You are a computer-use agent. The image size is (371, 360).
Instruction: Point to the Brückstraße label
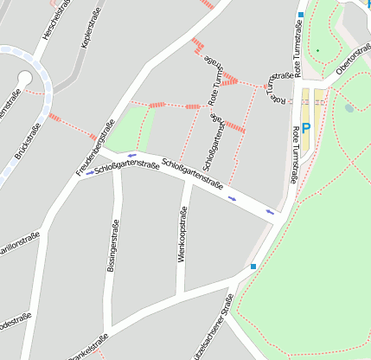pyautogui.click(x=28, y=143)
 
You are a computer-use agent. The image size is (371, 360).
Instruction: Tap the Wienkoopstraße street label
pyautogui.click(x=182, y=233)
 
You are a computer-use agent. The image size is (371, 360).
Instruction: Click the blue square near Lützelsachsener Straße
pyautogui.click(x=253, y=267)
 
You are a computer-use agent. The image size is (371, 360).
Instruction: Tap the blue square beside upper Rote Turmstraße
pyautogui.click(x=301, y=15)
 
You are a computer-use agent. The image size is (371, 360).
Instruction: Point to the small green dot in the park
pyautogui.click(x=317, y=50)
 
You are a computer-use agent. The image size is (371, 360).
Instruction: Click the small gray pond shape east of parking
pyautogui.click(x=349, y=108)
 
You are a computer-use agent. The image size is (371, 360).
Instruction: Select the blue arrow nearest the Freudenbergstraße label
pyautogui.click(x=90, y=173)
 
